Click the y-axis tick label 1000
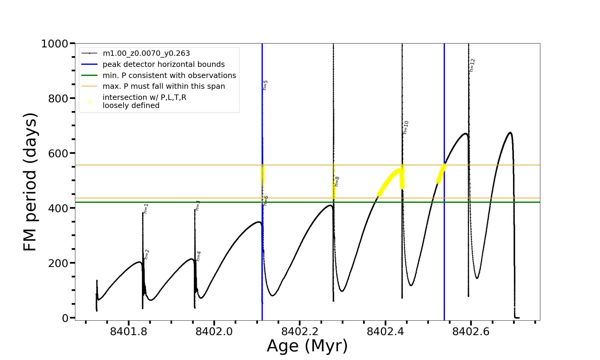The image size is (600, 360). click(x=55, y=44)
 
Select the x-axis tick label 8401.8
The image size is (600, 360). click(x=128, y=332)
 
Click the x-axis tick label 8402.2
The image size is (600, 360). click(x=299, y=332)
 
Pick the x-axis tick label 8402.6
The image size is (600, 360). click(x=471, y=332)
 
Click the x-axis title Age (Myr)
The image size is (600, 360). click(x=307, y=346)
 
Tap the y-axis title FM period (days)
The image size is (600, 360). click(x=30, y=182)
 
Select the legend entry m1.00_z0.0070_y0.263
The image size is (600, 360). click(x=146, y=53)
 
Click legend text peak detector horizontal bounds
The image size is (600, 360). click(x=163, y=64)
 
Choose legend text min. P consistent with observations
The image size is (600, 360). click(x=169, y=76)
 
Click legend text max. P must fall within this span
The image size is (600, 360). click(x=163, y=86)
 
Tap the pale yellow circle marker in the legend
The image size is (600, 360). click(x=89, y=102)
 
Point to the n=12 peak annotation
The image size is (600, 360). click(x=472, y=65)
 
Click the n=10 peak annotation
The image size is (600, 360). click(x=406, y=127)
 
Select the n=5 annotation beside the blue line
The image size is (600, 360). click(x=265, y=85)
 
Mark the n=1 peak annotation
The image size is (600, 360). click(x=146, y=208)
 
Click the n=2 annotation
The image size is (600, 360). click(x=146, y=254)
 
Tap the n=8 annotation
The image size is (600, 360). click(x=337, y=181)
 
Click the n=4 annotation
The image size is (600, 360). click(x=198, y=256)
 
